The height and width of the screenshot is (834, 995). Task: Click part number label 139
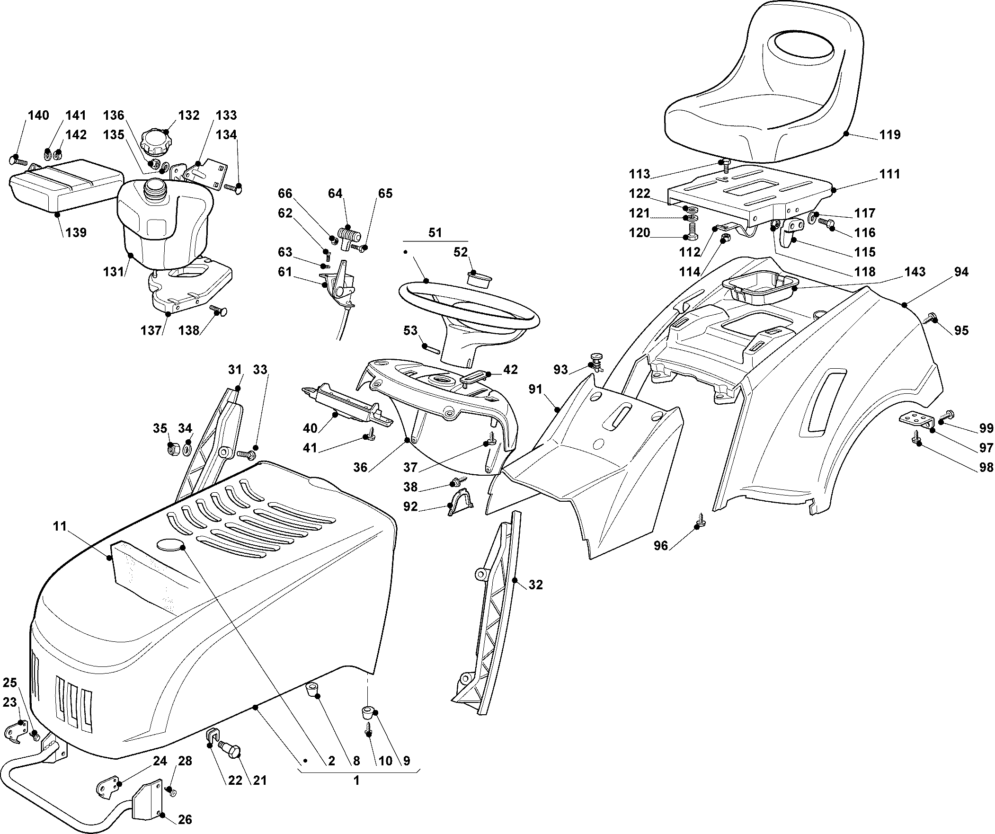[76, 233]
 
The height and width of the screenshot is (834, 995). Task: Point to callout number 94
[961, 272]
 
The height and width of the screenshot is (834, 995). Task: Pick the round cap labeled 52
[478, 278]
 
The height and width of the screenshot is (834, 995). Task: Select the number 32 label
[535, 585]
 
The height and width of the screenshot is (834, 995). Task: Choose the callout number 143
[915, 272]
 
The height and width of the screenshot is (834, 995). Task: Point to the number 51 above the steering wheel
[435, 232]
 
